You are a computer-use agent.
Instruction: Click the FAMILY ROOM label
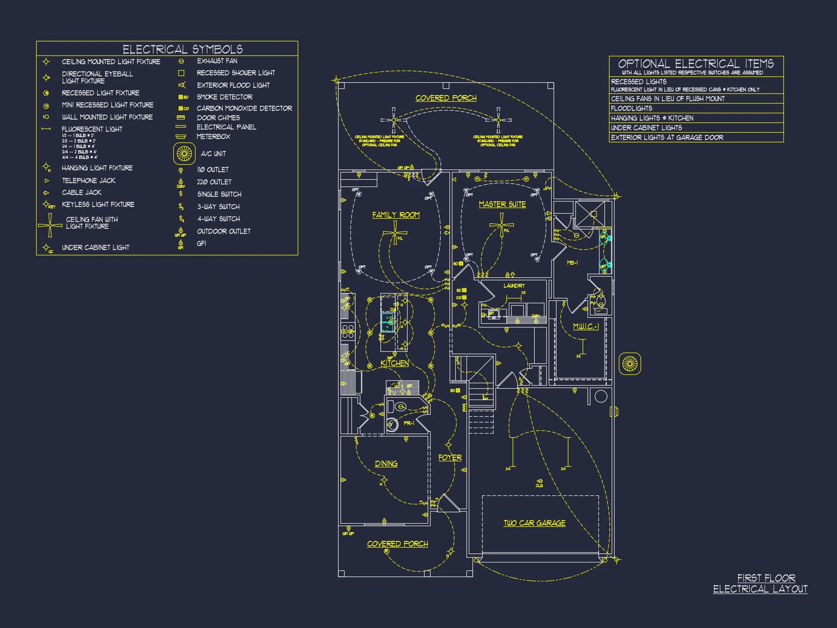396,215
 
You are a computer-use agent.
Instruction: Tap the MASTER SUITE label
502,204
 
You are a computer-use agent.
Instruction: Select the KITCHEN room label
395,363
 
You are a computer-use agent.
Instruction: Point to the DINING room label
386,464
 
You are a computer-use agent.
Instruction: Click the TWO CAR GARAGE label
534,523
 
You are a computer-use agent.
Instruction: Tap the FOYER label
450,458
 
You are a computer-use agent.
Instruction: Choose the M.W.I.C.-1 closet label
586,326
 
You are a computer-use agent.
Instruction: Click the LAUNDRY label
514,286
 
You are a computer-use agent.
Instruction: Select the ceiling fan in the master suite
502,225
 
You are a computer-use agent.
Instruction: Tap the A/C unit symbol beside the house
630,364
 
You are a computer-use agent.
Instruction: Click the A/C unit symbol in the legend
184,154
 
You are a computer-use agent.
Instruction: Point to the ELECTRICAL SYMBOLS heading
183,49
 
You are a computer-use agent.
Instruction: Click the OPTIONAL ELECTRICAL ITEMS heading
695,64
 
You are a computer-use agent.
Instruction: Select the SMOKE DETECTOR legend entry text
225,97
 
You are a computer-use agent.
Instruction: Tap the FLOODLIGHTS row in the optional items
631,108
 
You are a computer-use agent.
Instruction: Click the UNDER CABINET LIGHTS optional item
646,128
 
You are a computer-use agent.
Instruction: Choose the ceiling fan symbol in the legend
50,225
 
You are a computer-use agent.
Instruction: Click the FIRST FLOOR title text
766,578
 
